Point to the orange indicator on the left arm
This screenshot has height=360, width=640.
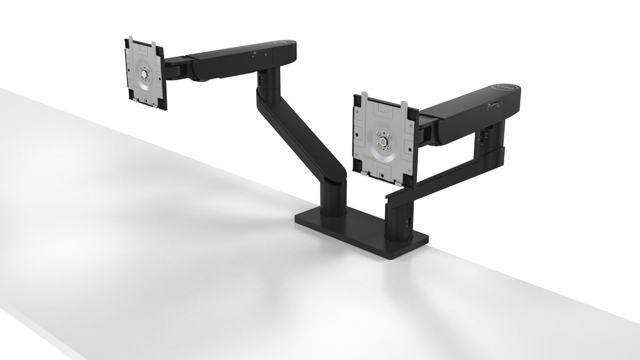tap(254, 53)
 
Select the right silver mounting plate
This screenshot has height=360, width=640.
tap(383, 136)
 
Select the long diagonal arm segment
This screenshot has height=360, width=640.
tap(301, 133)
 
